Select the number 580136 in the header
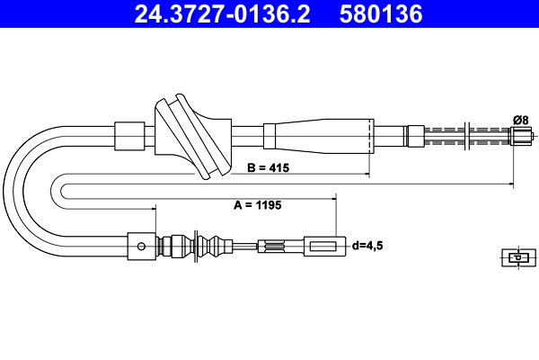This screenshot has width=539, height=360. click(x=381, y=14)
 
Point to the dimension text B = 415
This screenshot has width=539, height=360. click(x=268, y=166)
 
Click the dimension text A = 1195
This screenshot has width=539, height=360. click(x=258, y=205)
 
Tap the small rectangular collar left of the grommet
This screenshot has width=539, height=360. click(x=130, y=135)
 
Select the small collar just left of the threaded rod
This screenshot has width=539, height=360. click(x=414, y=137)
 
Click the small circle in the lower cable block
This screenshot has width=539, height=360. click(x=139, y=244)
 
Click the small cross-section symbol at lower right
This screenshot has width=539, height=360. click(x=515, y=257)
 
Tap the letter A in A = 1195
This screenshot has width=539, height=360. click(x=238, y=205)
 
